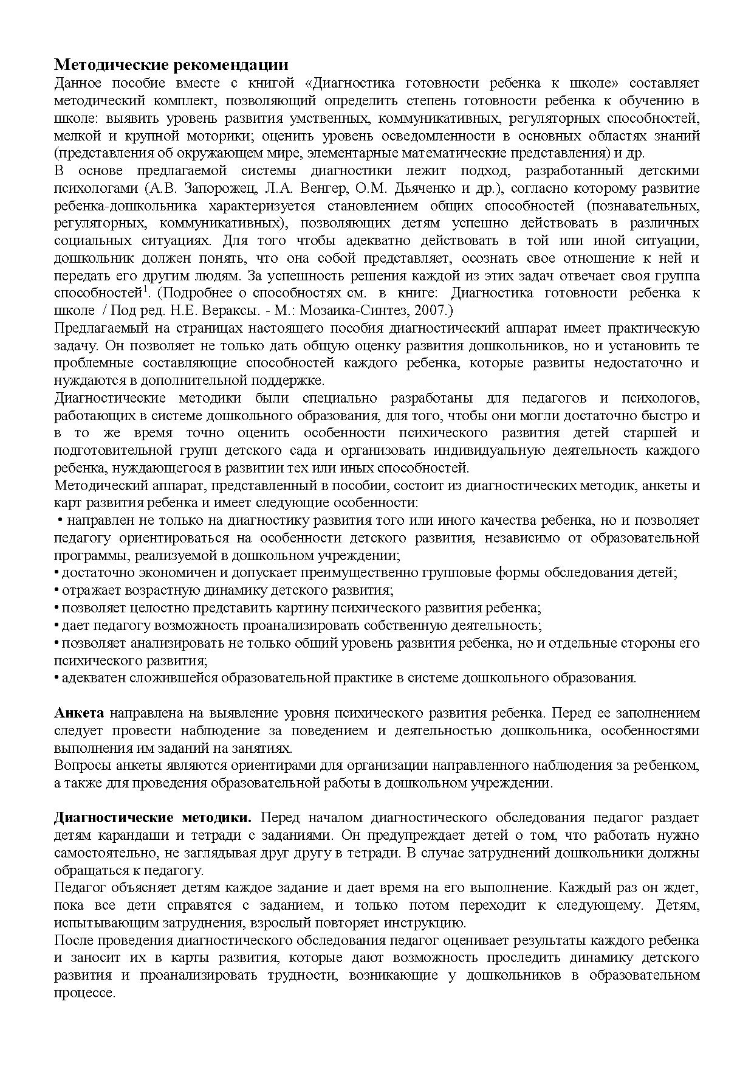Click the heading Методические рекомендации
coord(171,65)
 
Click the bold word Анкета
coord(79,713)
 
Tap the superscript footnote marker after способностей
coord(145,290)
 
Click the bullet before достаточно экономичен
coord(56,573)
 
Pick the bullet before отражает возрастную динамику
coord(56,590)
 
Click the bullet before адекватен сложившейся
coord(56,678)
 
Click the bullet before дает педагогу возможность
coord(56,626)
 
